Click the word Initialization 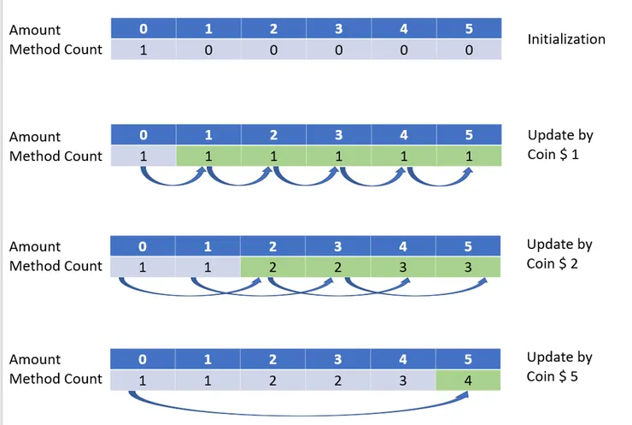pyautogui.click(x=566, y=39)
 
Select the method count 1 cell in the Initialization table pyautogui.click(x=143, y=50)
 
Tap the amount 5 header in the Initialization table pyautogui.click(x=469, y=28)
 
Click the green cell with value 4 pyautogui.click(x=468, y=381)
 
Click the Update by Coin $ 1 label pyautogui.click(x=560, y=145)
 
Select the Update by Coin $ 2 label pyautogui.click(x=559, y=254)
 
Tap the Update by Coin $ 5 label pyautogui.click(x=559, y=367)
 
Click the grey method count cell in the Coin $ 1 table pyautogui.click(x=143, y=156)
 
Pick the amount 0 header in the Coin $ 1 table pyautogui.click(x=143, y=134)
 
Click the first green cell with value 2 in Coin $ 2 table pyautogui.click(x=272, y=267)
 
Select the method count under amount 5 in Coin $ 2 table pyautogui.click(x=468, y=267)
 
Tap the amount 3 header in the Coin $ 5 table pyautogui.click(x=337, y=359)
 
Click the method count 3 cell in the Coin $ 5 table pyautogui.click(x=402, y=381)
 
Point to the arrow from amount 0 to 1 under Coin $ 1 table pyautogui.click(x=173, y=184)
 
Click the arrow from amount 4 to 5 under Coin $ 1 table pyautogui.click(x=439, y=184)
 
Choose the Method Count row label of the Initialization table pyautogui.click(x=56, y=50)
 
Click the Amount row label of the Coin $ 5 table pyautogui.click(x=35, y=359)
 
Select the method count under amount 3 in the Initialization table pyautogui.click(x=338, y=50)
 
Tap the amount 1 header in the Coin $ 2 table pyautogui.click(x=208, y=246)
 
